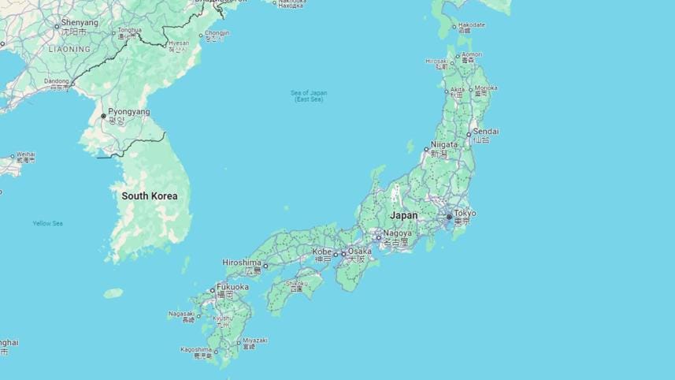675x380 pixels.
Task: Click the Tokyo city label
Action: point(465,213)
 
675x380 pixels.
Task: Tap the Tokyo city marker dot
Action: point(449,217)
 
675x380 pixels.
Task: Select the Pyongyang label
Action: point(128,112)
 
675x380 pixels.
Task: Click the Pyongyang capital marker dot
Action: point(103,117)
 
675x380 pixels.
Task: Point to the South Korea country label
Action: point(150,196)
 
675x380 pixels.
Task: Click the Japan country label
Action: point(404,215)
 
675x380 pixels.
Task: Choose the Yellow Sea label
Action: point(47,223)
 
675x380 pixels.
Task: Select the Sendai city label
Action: point(486,131)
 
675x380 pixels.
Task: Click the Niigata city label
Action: point(444,145)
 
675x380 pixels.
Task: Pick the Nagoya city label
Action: point(398,233)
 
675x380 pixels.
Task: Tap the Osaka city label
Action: point(359,251)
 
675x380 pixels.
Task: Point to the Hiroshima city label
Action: point(241,263)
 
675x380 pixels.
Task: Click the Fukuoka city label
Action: point(232,287)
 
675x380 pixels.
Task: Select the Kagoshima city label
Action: point(195,349)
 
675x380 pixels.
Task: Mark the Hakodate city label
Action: point(472,25)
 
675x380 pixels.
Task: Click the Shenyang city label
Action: point(80,23)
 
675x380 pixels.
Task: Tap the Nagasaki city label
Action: point(181,314)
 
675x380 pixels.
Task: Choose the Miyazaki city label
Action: point(254,341)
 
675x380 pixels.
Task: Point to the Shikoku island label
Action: point(296,284)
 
